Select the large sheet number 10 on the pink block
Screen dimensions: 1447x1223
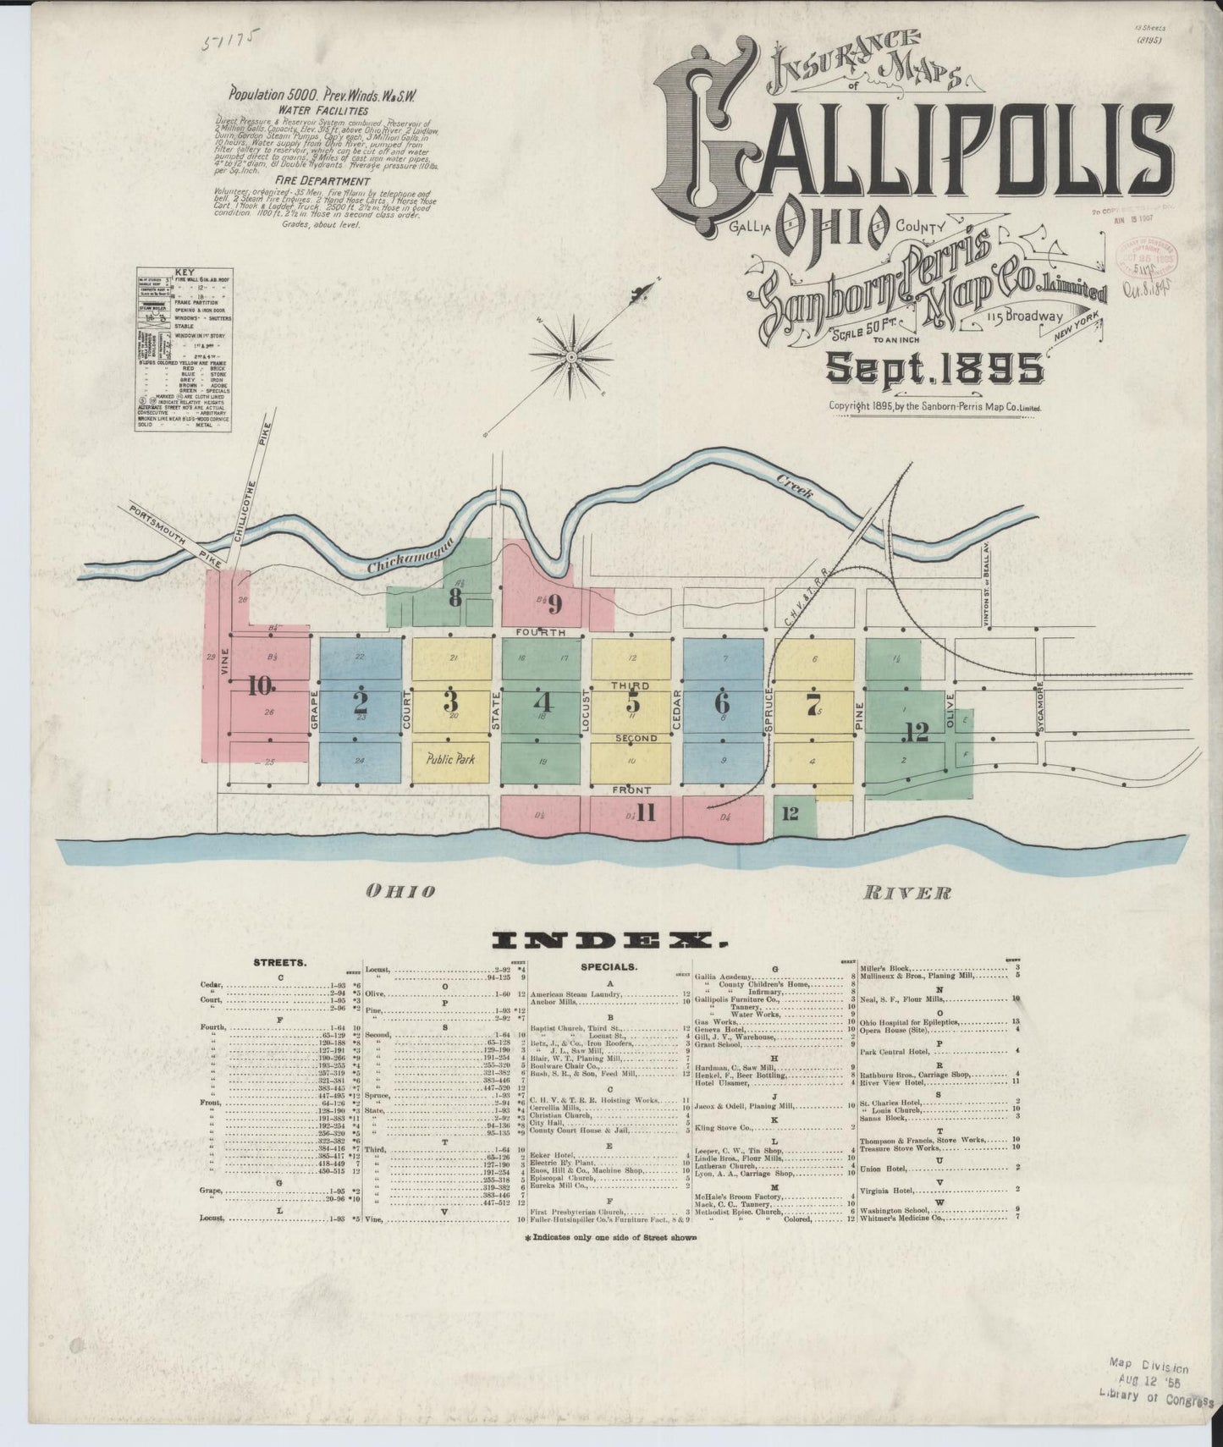258,686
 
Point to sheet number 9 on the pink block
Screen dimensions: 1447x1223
554,604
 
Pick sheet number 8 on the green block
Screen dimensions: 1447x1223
455,598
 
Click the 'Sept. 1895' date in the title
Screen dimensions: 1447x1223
934,369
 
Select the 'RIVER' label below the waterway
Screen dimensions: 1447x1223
907,892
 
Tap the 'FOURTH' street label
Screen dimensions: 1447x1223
541,633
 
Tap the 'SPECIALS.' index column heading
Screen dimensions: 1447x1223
609,966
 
